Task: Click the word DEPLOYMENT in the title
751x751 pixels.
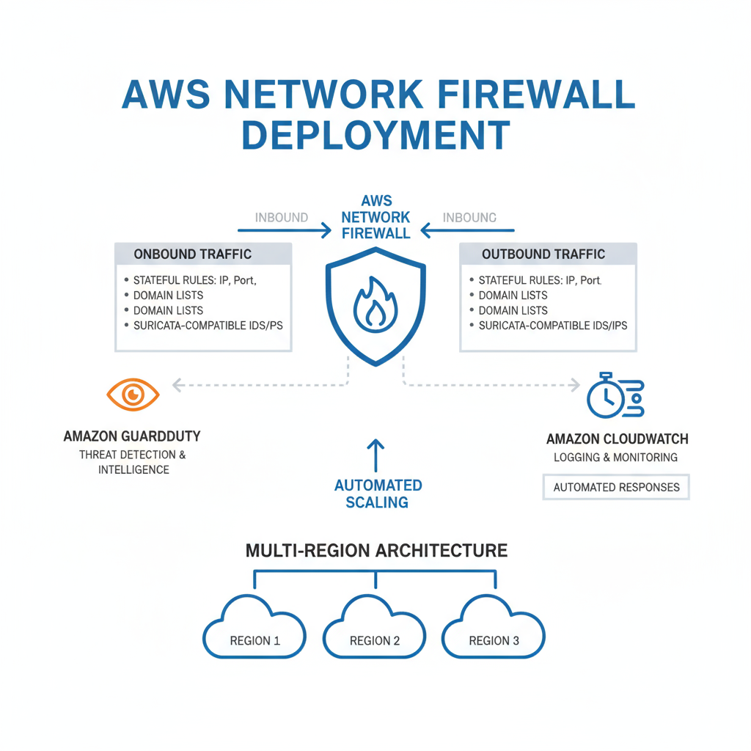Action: (x=375, y=134)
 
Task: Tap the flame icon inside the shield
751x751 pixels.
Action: (x=375, y=302)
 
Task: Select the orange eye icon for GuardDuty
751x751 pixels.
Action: (x=133, y=395)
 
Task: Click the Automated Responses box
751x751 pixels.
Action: (x=616, y=487)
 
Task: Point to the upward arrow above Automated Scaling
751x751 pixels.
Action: (x=375, y=455)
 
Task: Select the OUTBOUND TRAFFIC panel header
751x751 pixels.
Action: (x=543, y=254)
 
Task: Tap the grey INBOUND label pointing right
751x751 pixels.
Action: (x=281, y=218)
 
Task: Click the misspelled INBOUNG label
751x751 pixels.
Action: (x=469, y=218)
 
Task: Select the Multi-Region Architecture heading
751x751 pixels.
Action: (x=376, y=550)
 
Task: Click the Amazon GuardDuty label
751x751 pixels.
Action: (x=132, y=436)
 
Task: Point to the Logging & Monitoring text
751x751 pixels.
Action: (x=615, y=457)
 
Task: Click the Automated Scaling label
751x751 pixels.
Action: (x=378, y=494)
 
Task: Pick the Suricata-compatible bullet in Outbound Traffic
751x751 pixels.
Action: (x=552, y=325)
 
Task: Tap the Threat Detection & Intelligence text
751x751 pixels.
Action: (x=133, y=462)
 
